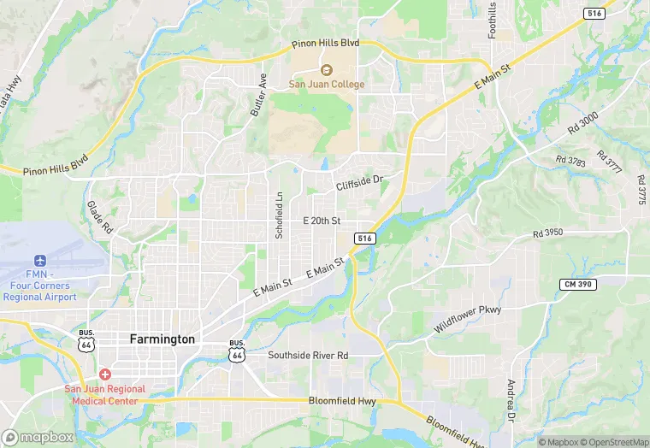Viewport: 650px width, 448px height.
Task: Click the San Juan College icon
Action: (x=325, y=70)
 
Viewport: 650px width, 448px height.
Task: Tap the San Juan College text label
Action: (x=326, y=85)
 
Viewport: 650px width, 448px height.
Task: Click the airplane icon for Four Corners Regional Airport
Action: (x=39, y=260)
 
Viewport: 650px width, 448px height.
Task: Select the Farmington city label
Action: (x=162, y=339)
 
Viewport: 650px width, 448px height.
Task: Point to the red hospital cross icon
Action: (x=104, y=374)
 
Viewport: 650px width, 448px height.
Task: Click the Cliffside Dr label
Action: (x=358, y=181)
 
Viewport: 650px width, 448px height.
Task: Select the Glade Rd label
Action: (x=99, y=217)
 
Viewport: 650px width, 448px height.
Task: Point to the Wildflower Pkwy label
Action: (x=467, y=319)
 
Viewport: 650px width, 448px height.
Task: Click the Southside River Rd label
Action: (x=308, y=355)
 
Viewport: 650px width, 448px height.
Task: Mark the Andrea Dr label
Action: (x=511, y=399)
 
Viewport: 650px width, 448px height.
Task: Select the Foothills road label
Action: (x=492, y=19)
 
